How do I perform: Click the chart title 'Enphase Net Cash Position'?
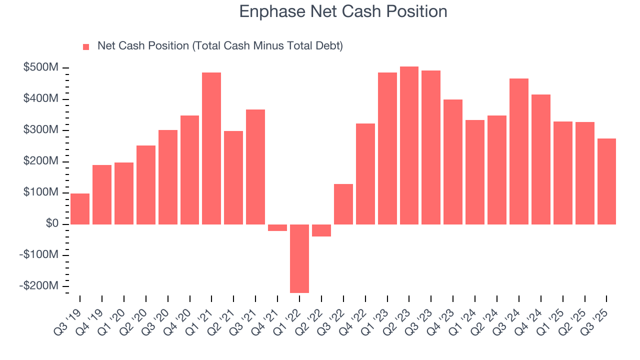pyautogui.click(x=343, y=11)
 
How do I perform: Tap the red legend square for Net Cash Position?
pyautogui.click(x=86, y=46)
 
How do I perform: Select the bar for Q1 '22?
pyautogui.click(x=299, y=258)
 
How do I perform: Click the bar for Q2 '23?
pyautogui.click(x=409, y=145)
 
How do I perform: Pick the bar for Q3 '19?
pyautogui.click(x=80, y=208)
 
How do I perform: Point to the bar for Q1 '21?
pyautogui.click(x=211, y=148)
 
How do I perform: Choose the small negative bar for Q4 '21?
pyautogui.click(x=277, y=227)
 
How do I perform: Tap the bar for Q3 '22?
pyautogui.click(x=343, y=204)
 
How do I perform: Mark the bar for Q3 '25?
pyautogui.click(x=606, y=181)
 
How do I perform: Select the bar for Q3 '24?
pyautogui.click(x=519, y=151)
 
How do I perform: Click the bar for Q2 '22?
pyautogui.click(x=321, y=230)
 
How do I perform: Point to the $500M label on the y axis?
pyautogui.click(x=40, y=67)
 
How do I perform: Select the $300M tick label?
pyautogui.click(x=40, y=130)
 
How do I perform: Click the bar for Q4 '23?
pyautogui.click(x=453, y=161)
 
